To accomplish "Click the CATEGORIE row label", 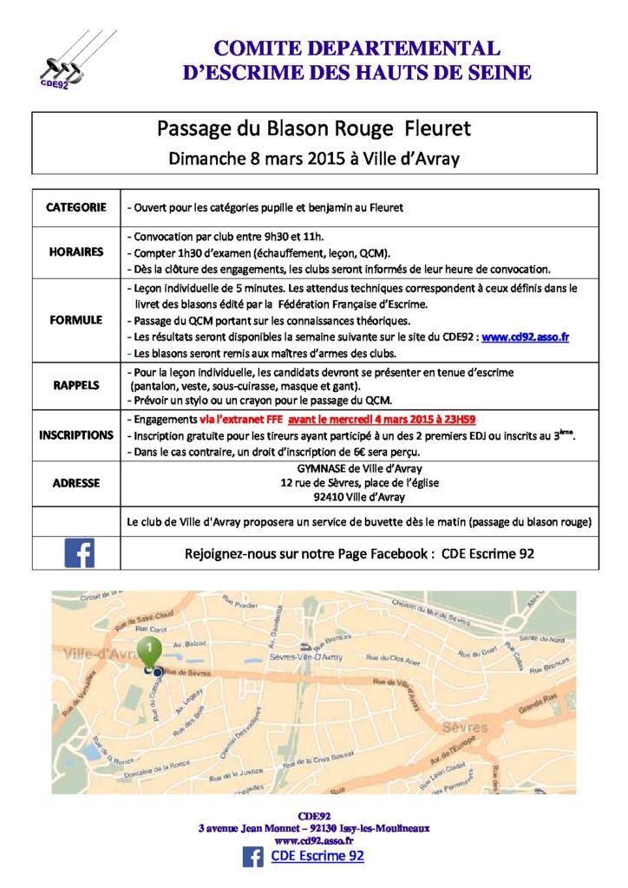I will point(76,208).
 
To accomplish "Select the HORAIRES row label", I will point(76,252).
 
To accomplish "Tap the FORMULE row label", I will point(76,319).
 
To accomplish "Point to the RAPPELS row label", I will point(76,385).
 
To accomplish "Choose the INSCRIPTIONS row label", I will point(76,434).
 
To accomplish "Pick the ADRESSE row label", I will point(76,483).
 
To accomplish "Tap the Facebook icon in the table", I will point(79,553).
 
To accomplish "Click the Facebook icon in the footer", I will point(253,857).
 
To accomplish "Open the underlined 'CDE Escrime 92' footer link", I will point(317,857).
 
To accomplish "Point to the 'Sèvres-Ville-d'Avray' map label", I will point(308,657).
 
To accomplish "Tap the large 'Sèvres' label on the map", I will point(465,727).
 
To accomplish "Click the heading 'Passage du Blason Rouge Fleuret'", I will point(314,129).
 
